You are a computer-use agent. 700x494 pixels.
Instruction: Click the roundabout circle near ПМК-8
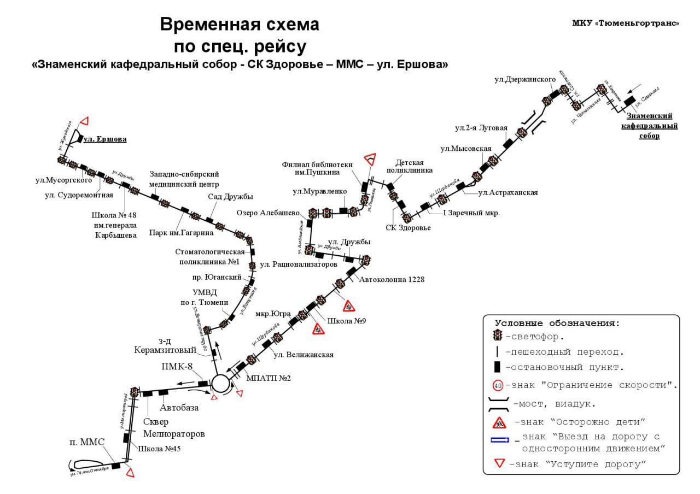(x=221, y=383)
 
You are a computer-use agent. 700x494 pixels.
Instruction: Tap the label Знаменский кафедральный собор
(x=649, y=126)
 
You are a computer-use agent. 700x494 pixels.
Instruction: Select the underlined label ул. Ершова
(x=104, y=139)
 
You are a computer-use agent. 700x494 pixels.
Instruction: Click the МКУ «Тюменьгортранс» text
(x=625, y=23)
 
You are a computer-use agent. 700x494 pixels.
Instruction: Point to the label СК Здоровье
(x=408, y=228)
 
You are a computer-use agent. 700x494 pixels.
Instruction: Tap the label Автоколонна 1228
(x=392, y=279)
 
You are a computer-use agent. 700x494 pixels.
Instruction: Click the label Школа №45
(x=160, y=449)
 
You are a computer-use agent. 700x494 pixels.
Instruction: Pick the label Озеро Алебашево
(x=268, y=213)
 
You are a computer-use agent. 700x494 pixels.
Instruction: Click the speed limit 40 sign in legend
(x=498, y=385)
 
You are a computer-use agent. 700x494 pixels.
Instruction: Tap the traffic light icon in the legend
(x=498, y=336)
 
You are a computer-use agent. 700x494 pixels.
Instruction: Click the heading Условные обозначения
(x=557, y=323)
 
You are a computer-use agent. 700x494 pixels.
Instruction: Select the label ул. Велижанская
(x=303, y=355)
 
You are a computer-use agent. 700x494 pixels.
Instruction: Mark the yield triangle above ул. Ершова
(x=84, y=121)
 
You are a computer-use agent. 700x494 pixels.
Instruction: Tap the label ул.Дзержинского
(x=524, y=79)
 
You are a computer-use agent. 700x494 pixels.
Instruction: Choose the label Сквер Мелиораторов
(x=174, y=428)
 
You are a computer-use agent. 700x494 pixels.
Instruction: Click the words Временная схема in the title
(x=240, y=25)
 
